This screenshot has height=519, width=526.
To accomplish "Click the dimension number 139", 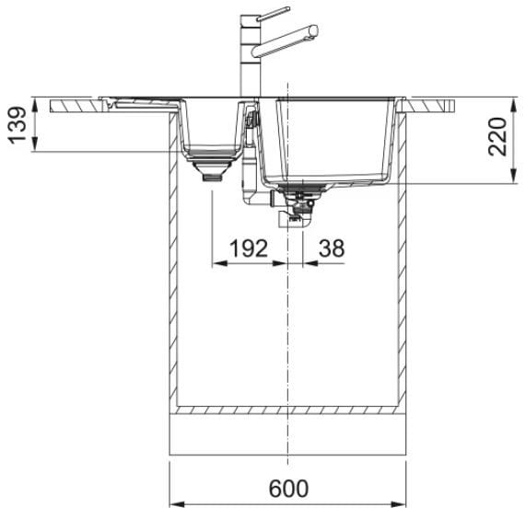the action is (17, 125).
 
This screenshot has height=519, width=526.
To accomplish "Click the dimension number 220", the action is (497, 137).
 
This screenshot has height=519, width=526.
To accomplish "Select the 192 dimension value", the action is (249, 248).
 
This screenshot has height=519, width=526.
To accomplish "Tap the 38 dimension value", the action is (332, 248).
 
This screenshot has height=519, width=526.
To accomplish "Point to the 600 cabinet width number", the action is (288, 489).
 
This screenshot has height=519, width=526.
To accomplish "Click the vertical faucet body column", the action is (251, 56).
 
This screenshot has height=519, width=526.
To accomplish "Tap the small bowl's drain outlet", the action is (212, 169).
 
